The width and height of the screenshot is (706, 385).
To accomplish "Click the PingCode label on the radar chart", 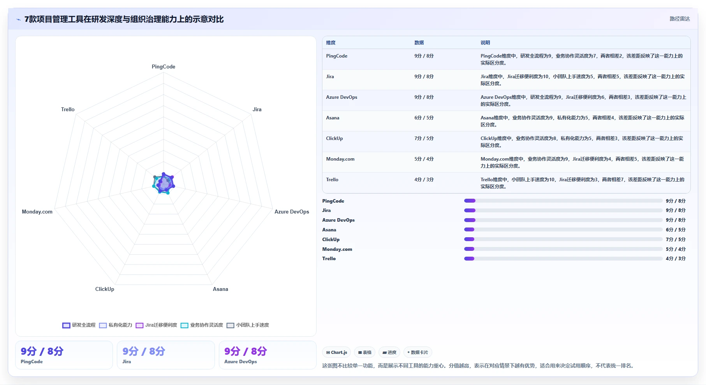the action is coord(164,66).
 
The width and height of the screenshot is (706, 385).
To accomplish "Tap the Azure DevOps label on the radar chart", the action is coord(292,212).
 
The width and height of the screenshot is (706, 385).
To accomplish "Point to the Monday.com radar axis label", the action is coord(37,212).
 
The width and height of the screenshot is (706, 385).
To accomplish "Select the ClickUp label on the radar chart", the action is coord(105,289).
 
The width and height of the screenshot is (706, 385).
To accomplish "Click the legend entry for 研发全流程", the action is coord(79,325).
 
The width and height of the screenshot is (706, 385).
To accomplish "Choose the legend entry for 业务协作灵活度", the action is coord(202,325).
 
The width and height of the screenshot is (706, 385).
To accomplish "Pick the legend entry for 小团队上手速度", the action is coord(248,325).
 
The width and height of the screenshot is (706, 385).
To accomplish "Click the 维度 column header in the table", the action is coord(331,43).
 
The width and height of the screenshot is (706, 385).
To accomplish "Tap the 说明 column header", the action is coord(485,43).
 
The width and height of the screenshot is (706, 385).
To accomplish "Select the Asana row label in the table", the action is coord(333,118).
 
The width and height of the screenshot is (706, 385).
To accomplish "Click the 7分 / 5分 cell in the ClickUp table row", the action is coord(424,138).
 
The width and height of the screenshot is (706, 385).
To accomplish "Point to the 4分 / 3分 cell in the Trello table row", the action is coord(424,180).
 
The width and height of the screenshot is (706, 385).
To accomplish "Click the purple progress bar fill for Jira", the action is coord(470,210).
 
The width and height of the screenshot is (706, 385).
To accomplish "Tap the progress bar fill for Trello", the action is coord(469,259).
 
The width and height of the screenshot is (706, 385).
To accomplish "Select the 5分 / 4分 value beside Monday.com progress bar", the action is coord(676,249).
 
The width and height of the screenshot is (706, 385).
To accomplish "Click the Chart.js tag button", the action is coord(336,352).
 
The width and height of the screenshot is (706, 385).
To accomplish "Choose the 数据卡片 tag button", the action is coord(417,352).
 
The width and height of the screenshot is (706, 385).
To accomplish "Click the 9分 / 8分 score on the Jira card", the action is coord(144,352).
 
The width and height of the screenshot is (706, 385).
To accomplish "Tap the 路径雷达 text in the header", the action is coord(680,19).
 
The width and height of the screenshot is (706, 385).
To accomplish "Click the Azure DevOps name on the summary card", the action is coord(241,362).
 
